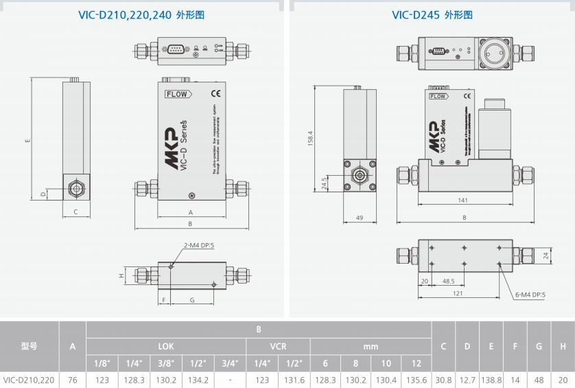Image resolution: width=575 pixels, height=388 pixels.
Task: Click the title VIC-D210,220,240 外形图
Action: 141,14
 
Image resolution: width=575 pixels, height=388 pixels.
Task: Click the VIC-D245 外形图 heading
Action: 432,14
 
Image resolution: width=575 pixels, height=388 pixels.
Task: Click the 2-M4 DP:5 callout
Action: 198,245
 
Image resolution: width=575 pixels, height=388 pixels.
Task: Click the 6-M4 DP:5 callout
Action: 530,295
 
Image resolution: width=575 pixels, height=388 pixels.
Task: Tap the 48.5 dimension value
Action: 448,281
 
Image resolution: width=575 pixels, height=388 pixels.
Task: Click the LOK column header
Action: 166,346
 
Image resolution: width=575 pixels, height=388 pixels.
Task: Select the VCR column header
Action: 278,346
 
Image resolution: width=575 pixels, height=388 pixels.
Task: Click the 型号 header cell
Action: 29,346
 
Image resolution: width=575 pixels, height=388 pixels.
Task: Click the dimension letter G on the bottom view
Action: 192,300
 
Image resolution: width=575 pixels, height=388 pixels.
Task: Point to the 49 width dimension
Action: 359,218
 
